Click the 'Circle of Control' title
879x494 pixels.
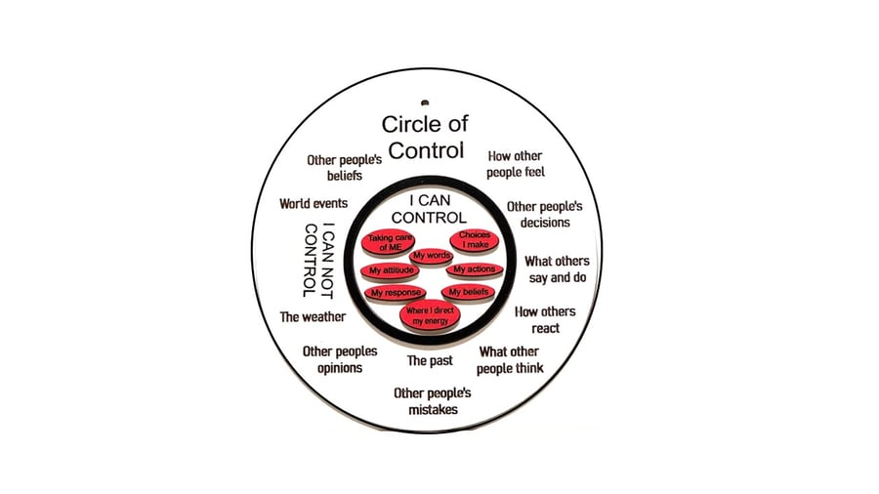(x=424, y=137)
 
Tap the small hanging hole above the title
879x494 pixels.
(x=425, y=101)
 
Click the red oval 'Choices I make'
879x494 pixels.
(x=475, y=240)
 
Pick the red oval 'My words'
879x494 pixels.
(x=432, y=256)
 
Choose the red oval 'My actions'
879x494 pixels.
(x=474, y=269)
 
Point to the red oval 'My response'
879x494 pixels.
(x=396, y=292)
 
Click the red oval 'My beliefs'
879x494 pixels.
(x=470, y=292)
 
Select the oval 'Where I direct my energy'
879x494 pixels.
(x=431, y=315)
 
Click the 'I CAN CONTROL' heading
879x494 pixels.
(x=431, y=209)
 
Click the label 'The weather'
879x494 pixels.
(x=313, y=316)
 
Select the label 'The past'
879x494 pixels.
(x=429, y=360)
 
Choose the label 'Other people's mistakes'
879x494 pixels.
(x=433, y=401)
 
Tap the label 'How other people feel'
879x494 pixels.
(x=516, y=164)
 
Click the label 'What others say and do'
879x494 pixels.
(x=557, y=269)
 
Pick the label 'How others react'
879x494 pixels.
(x=545, y=320)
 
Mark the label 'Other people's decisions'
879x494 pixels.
(x=544, y=215)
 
